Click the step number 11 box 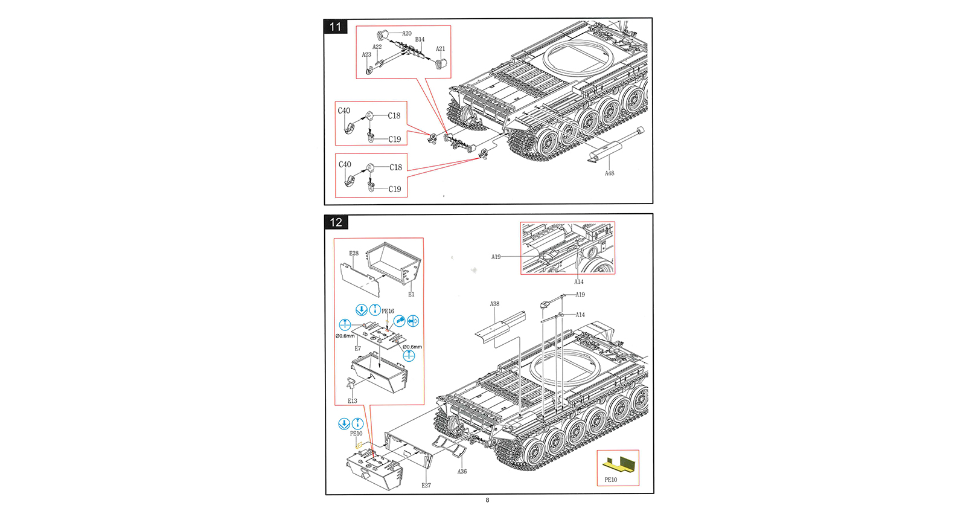[336, 27]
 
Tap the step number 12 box [336, 222]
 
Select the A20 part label [407, 34]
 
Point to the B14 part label [420, 40]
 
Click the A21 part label [441, 49]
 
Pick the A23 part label [366, 55]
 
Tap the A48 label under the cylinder [610, 173]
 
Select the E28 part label [354, 254]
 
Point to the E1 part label [411, 295]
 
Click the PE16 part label [388, 312]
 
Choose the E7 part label [357, 349]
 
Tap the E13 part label [353, 401]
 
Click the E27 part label [426, 486]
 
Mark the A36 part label [462, 472]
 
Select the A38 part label [494, 304]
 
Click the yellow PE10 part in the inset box [619, 464]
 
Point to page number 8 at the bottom [488, 500]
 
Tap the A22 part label [377, 47]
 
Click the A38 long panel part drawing [500, 327]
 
